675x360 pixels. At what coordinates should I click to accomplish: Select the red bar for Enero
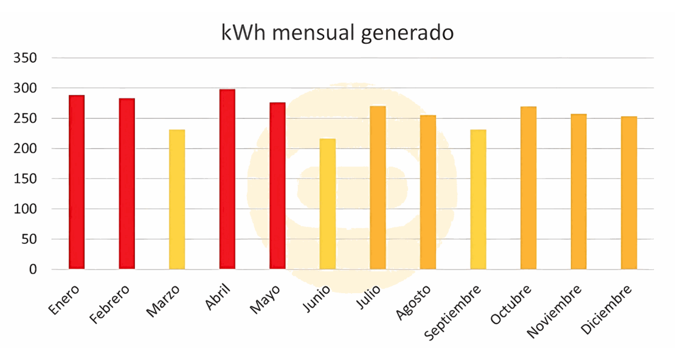tap(77, 182)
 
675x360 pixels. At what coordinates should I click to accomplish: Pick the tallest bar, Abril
tap(227, 179)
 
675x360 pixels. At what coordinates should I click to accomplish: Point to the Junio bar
tap(328, 204)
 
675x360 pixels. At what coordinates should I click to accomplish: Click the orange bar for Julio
tap(378, 188)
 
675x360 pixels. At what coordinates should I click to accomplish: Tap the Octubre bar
tap(528, 188)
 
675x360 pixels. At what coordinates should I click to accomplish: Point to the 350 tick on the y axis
tap(26, 58)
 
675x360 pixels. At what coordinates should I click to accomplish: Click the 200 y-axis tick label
tap(26, 149)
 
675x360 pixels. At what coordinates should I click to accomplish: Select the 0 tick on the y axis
tap(33, 269)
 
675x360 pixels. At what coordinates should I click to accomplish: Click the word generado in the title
tap(407, 33)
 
